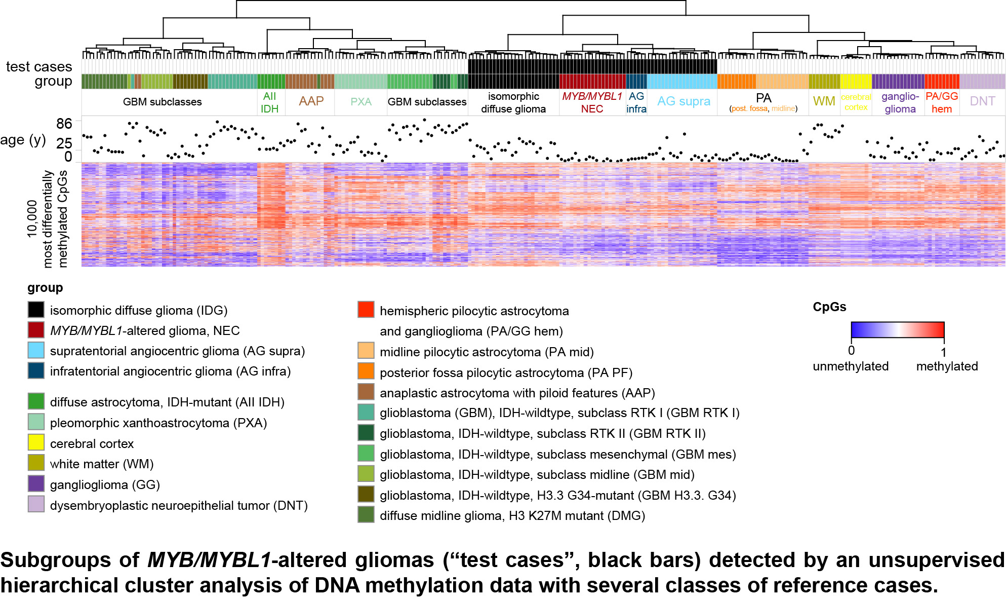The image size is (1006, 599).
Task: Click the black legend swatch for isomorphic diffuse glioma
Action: click(x=36, y=310)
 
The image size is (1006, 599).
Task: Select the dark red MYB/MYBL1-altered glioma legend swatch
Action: click(x=36, y=330)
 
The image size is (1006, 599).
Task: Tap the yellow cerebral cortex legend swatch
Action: click(x=36, y=443)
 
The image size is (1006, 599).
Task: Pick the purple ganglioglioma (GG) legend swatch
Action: click(x=36, y=484)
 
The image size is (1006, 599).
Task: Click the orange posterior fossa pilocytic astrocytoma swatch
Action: click(x=366, y=372)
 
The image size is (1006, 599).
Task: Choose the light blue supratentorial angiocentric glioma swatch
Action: click(x=36, y=350)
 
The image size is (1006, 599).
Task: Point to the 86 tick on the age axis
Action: click(x=64, y=123)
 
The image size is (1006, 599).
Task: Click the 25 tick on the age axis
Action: click(x=64, y=142)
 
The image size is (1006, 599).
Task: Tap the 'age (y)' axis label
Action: click(x=23, y=140)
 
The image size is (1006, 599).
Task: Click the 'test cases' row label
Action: click(x=39, y=66)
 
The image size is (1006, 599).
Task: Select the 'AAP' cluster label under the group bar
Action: click(x=311, y=101)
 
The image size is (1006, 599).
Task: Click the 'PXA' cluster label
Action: click(x=361, y=101)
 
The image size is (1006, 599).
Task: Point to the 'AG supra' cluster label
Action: click(x=683, y=101)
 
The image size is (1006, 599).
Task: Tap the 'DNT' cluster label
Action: click(x=982, y=101)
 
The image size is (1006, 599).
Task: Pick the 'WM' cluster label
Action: click(x=824, y=101)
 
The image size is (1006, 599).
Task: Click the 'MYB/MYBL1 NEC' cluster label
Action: click(x=592, y=102)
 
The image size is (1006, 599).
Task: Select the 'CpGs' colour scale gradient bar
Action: click(x=897, y=330)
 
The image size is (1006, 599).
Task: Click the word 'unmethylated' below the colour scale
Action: click(x=851, y=366)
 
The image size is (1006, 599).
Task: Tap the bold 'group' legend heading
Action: click(x=45, y=287)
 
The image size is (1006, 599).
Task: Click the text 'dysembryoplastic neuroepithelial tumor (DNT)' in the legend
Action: click(x=179, y=505)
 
